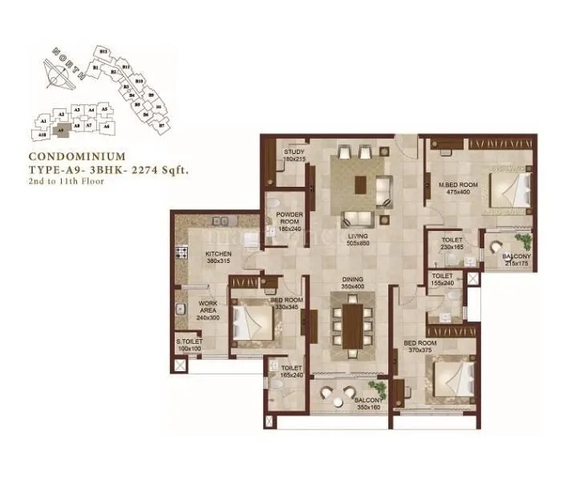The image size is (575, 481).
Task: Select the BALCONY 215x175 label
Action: (516, 260)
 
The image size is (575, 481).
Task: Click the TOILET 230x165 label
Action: (452, 244)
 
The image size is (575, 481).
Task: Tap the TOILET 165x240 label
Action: (291, 371)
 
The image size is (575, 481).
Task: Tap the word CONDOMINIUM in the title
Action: (76, 157)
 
